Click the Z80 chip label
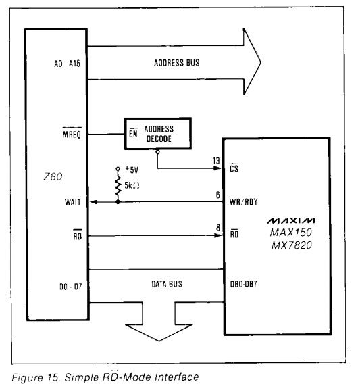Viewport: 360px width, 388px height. tap(53, 177)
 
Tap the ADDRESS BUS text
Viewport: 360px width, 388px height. tap(176, 63)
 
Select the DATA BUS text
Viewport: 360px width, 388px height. tap(167, 284)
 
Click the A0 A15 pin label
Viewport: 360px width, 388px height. tap(67, 64)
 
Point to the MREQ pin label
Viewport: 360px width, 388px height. tap(72, 134)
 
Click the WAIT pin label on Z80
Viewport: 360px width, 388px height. tap(73, 202)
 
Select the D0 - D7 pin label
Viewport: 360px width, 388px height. tap(70, 287)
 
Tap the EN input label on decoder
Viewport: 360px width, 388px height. tap(133, 133)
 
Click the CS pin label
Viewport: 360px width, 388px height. tap(234, 168)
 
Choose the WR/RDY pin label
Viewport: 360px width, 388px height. tap(244, 201)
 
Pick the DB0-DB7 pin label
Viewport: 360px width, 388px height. tap(244, 284)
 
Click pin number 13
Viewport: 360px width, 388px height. tap(216, 161)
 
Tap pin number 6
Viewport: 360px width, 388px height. tap(218, 195)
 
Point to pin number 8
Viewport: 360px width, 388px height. tap(218, 228)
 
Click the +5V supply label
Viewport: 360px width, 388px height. tap(132, 170)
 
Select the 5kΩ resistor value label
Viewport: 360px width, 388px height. tap(132, 185)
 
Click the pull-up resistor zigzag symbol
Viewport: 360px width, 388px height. tap(118, 185)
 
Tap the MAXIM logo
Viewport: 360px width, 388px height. tap(290, 220)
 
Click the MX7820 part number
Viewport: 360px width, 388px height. tap(292, 245)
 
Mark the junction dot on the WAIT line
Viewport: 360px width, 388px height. tap(118, 202)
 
